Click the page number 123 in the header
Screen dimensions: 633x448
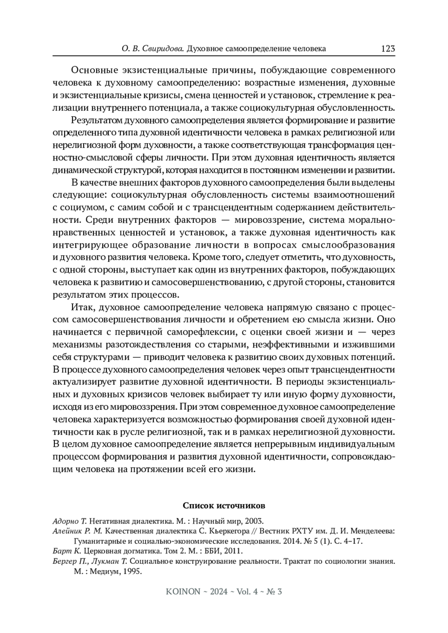pyautogui.click(x=388, y=49)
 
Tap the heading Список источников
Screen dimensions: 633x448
pyautogui.click(x=224, y=506)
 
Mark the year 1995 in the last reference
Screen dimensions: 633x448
pyautogui.click(x=131, y=571)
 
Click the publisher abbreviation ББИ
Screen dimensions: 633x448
pyautogui.click(x=215, y=551)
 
